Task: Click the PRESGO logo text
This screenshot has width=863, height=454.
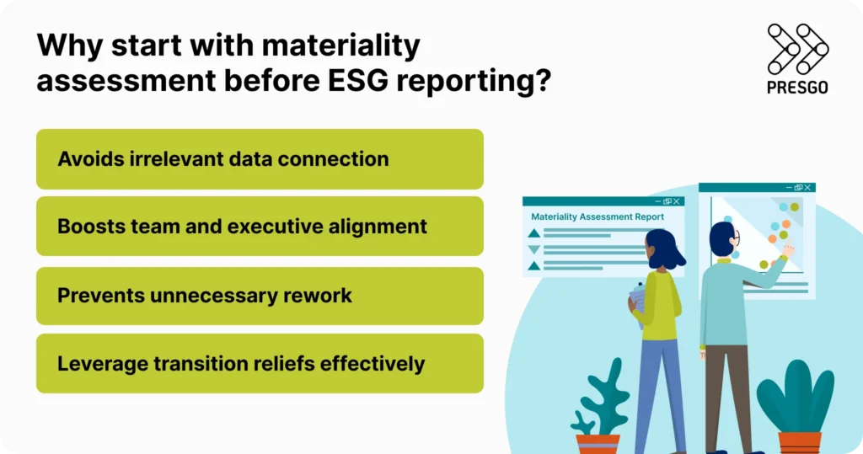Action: pos(797,87)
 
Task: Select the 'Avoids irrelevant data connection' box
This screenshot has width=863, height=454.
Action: pos(260,159)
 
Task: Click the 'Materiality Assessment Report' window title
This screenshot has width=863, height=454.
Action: pos(598,216)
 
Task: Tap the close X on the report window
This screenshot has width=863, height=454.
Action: pos(678,201)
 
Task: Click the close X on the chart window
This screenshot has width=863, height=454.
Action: pos(807,187)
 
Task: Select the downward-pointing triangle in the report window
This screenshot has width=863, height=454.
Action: pos(533,249)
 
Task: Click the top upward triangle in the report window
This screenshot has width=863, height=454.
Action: pos(533,232)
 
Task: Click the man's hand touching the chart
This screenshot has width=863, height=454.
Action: pos(787,250)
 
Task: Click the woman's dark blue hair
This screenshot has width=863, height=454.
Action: pos(665,249)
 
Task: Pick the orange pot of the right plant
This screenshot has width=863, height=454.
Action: pos(799,442)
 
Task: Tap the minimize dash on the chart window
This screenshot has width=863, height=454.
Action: pos(789,187)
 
